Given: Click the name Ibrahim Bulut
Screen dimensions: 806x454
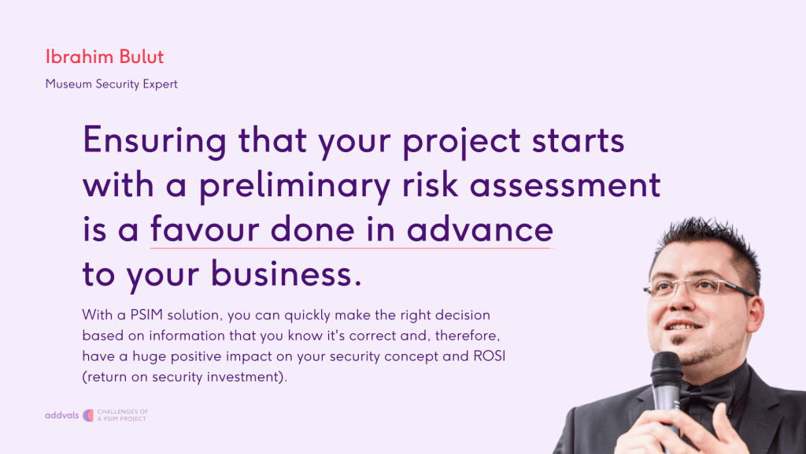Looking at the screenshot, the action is pyautogui.click(x=105, y=57).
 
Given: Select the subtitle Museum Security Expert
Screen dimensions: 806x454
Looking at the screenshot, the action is pyautogui.click(x=112, y=84).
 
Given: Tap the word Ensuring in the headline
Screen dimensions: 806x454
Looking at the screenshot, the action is pyautogui.click(x=154, y=141).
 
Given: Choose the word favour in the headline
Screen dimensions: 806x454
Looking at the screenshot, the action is pyautogui.click(x=205, y=229).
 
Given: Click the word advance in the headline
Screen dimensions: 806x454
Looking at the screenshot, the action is pyautogui.click(x=480, y=229).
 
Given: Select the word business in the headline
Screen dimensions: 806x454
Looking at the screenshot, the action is pyautogui.click(x=282, y=274).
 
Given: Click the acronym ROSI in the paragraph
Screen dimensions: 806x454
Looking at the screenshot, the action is pyautogui.click(x=490, y=356).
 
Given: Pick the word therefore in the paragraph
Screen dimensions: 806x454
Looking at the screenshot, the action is pyautogui.click(x=468, y=336).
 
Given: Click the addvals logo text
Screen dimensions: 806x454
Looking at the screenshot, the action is pyautogui.click(x=61, y=415).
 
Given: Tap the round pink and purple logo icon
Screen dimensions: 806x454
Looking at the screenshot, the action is pyautogui.click(x=88, y=415).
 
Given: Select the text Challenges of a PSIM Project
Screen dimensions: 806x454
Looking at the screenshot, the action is pyautogui.click(x=122, y=415).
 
